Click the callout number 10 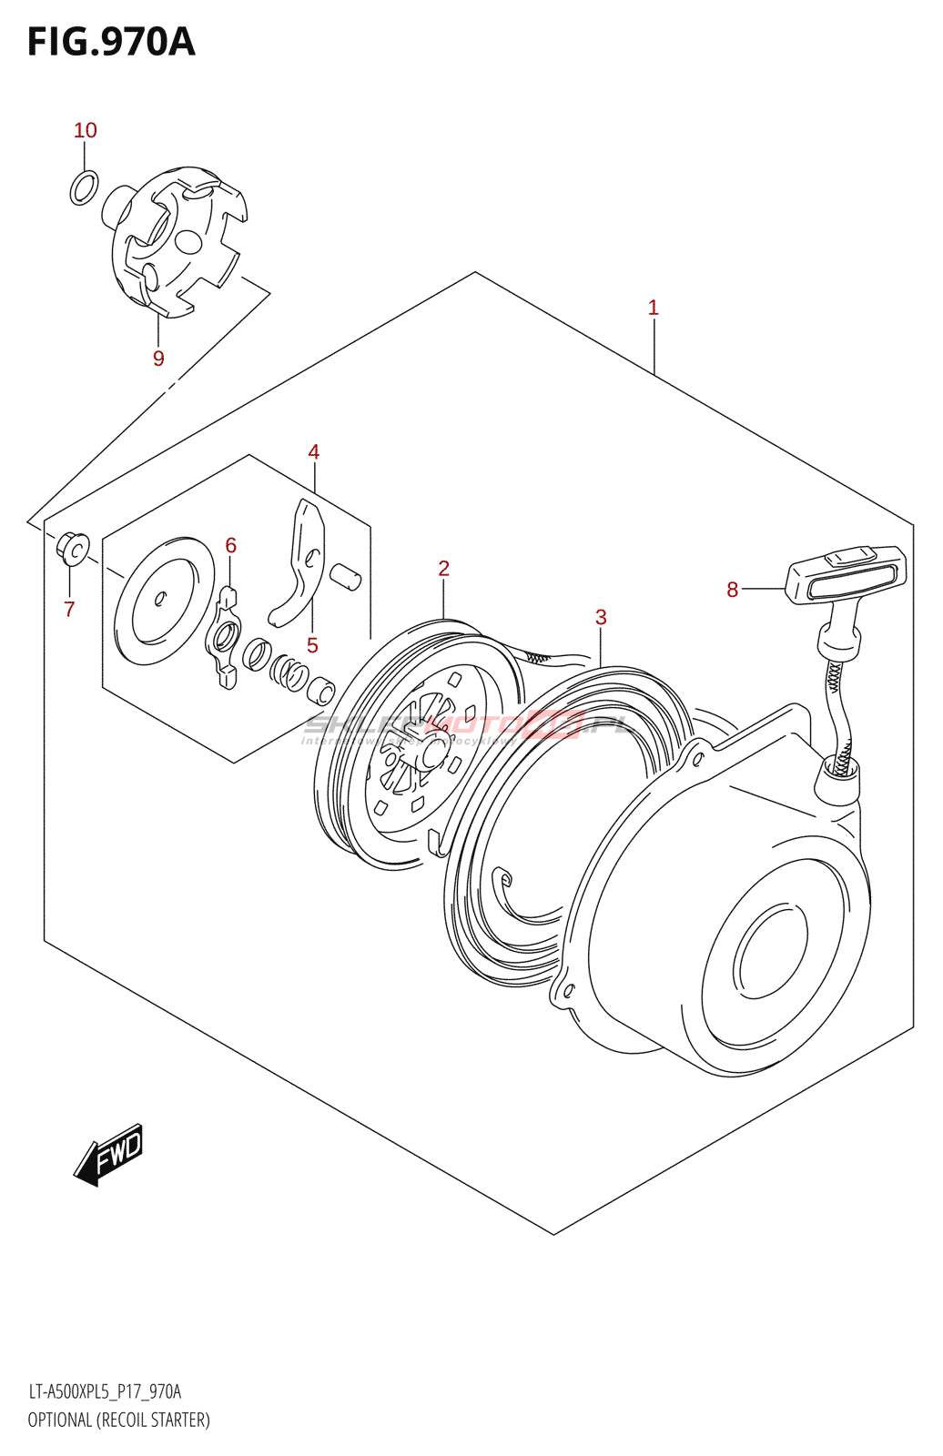tap(86, 131)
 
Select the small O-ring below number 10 tap(84, 187)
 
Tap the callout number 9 tap(158, 359)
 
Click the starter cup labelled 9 tap(177, 240)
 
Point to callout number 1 tap(653, 308)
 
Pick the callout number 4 tap(314, 452)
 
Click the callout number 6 tap(231, 546)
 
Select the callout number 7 tap(69, 609)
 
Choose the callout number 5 tap(312, 646)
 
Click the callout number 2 tap(444, 569)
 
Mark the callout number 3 tap(601, 617)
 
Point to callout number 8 tap(733, 590)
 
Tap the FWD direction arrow tap(109, 1154)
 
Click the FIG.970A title tap(111, 42)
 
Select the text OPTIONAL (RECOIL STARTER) tap(118, 1420)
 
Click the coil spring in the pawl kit tap(289, 672)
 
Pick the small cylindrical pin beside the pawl tap(345, 576)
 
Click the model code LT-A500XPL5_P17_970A tap(105, 1391)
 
